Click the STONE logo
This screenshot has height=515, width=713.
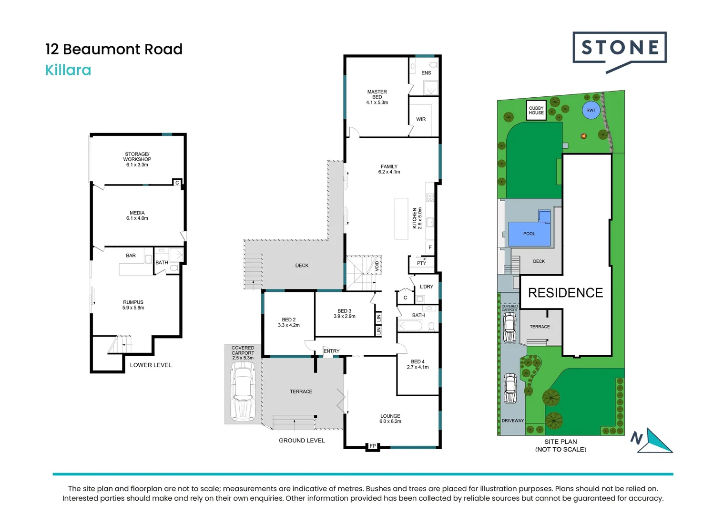(620, 48)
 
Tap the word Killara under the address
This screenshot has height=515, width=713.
(68, 70)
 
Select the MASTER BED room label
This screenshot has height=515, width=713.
(377, 94)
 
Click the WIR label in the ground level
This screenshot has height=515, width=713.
(421, 119)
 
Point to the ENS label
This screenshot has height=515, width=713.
(426, 73)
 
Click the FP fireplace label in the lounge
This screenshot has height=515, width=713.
(373, 446)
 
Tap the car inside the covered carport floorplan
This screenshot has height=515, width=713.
(243, 391)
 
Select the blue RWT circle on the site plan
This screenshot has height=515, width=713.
(591, 110)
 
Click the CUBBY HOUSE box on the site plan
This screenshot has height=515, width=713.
(536, 111)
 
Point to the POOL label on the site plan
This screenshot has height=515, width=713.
(529, 234)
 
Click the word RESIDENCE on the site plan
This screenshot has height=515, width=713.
(565, 293)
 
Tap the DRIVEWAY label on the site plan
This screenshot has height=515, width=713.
(512, 421)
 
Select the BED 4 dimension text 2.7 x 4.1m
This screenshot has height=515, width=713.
(418, 367)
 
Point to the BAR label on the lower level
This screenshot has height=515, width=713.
(131, 256)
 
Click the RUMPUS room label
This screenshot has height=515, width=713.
(133, 302)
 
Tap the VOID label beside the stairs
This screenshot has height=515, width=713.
(377, 266)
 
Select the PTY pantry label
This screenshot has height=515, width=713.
(421, 263)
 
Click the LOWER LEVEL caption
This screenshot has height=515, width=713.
(151, 365)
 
